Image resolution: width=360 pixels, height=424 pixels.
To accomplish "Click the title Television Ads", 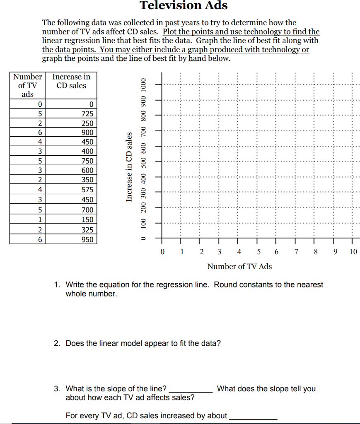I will tap(184, 5).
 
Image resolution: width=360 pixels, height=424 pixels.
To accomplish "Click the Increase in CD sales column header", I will tap(71, 81).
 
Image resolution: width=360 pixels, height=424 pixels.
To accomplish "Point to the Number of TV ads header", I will tap(27, 85).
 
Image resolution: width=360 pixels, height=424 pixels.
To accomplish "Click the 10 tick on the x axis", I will tap(353, 252).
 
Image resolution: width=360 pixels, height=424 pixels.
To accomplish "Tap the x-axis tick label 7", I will tap(296, 252).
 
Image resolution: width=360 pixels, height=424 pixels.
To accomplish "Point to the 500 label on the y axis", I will tap(143, 161).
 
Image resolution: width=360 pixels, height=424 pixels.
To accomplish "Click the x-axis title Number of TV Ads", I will tap(239, 266).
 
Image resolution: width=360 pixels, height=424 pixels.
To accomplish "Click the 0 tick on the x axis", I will tap(162, 252).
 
